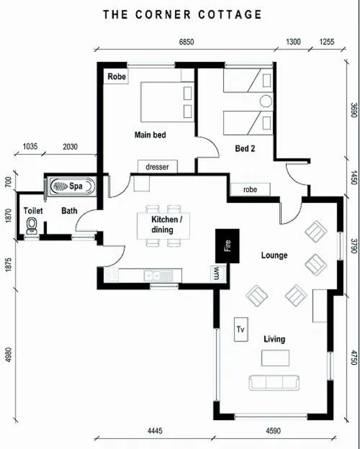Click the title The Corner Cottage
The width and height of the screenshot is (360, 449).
pyautogui.click(x=183, y=14)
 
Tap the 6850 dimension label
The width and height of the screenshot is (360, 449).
pyautogui.click(x=186, y=42)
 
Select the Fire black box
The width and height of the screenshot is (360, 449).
pyautogui.click(x=228, y=245)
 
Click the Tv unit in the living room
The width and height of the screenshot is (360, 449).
pyautogui.click(x=241, y=330)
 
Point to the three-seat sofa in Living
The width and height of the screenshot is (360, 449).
pyautogui.click(x=274, y=383)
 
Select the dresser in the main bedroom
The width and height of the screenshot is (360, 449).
pyautogui.click(x=158, y=166)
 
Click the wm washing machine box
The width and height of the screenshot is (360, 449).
pyautogui.click(x=217, y=273)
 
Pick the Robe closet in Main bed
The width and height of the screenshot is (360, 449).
pyautogui.click(x=116, y=76)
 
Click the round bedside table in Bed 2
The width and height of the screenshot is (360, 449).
pyautogui.click(x=266, y=101)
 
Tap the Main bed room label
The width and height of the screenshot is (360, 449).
pyautogui.click(x=150, y=135)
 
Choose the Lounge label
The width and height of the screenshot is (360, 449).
pyautogui.click(x=274, y=255)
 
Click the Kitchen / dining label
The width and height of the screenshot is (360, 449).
pyautogui.click(x=166, y=224)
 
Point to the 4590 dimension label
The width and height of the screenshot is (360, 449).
pyautogui.click(x=273, y=431)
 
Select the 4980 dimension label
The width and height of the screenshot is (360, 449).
pyautogui.click(x=9, y=355)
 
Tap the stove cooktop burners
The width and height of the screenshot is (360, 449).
pyautogui.click(x=111, y=274)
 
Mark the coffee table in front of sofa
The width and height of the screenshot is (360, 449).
pyautogui.click(x=275, y=358)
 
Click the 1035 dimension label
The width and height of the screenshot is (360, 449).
pyautogui.click(x=30, y=146)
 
